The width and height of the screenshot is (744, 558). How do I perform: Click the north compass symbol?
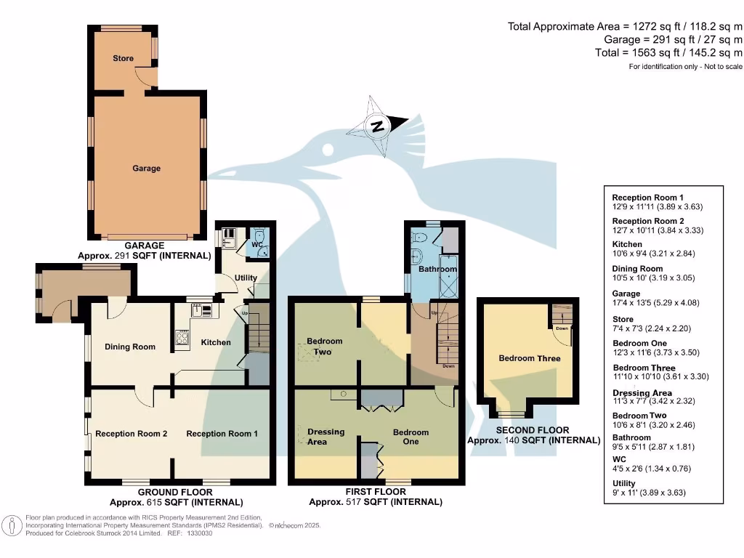[377, 126]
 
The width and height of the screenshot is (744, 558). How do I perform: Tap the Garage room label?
[146, 168]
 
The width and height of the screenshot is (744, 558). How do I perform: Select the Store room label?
[123, 58]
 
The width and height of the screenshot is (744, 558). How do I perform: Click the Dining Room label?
[130, 347]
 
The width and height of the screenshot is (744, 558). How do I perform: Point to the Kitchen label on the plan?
[216, 342]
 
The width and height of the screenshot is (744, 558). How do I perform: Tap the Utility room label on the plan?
[246, 278]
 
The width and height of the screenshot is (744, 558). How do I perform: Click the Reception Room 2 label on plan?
[132, 434]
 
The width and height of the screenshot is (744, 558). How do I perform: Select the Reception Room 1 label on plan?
[222, 434]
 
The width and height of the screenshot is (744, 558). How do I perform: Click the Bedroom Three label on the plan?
[529, 358]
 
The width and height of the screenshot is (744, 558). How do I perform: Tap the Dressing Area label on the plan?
[326, 437]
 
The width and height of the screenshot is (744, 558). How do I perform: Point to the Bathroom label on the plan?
[437, 270]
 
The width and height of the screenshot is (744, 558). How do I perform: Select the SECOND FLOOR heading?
[533, 430]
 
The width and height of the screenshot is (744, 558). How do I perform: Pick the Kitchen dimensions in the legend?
[648, 254]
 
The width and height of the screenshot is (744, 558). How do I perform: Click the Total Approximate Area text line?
[625, 27]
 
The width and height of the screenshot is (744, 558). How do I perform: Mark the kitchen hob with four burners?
[182, 337]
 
